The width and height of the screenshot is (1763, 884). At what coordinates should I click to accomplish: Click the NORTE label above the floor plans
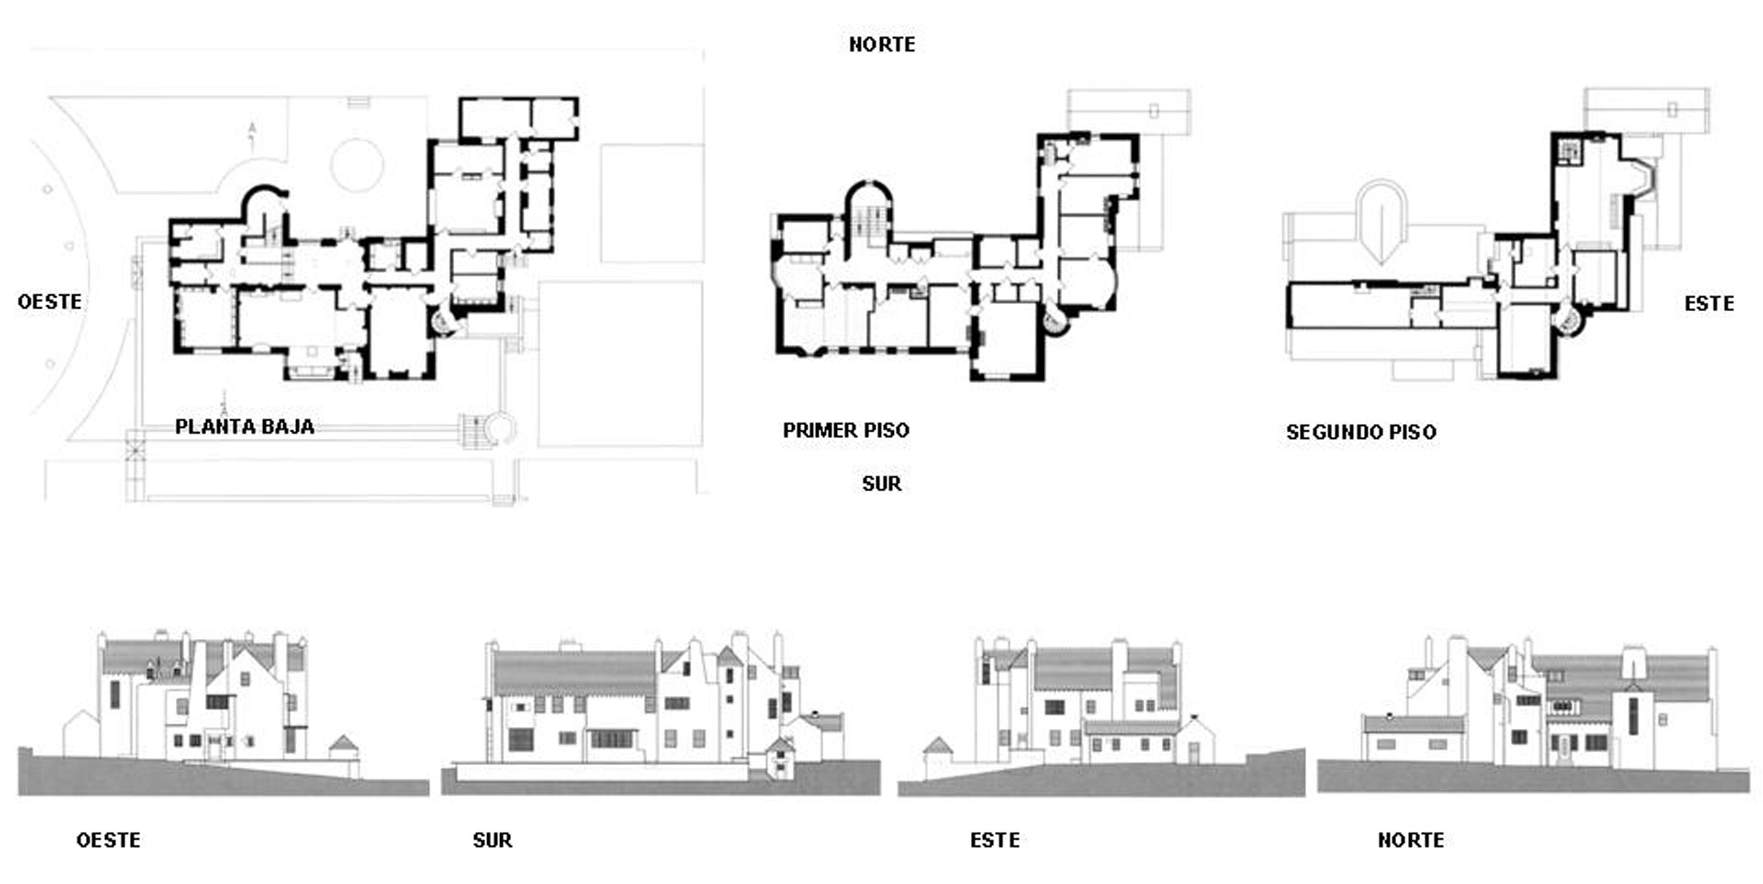[881, 45]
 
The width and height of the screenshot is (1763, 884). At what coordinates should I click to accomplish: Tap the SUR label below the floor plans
[881, 484]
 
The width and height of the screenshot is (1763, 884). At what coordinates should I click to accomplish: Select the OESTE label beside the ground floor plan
[49, 301]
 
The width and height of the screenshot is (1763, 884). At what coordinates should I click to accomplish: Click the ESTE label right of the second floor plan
[1709, 303]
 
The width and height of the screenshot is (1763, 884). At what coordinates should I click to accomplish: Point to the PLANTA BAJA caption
[244, 426]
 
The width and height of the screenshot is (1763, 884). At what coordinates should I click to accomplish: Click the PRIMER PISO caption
[846, 430]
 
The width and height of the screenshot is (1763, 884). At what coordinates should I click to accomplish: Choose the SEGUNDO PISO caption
[1360, 432]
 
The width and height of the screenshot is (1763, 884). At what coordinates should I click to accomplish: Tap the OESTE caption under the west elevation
[108, 840]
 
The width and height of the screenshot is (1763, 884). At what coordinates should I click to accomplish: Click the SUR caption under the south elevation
[492, 840]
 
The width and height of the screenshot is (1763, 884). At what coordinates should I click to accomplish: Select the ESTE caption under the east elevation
[994, 840]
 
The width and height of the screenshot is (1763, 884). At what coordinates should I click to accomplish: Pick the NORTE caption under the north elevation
[1410, 840]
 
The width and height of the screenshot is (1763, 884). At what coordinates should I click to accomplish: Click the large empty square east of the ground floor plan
[620, 363]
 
